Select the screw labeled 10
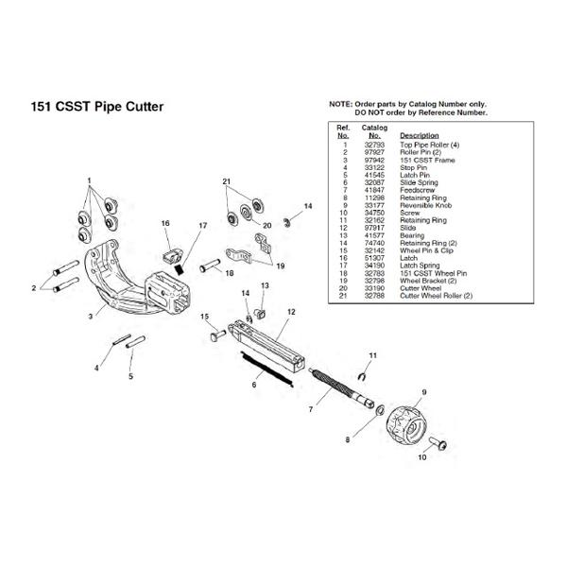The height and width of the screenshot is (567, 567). click(x=440, y=442)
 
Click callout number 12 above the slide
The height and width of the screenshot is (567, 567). click(x=291, y=311)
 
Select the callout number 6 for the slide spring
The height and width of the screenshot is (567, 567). click(x=252, y=385)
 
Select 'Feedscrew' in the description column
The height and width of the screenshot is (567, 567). click(x=418, y=190)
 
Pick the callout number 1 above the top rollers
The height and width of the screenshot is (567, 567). click(x=90, y=180)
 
